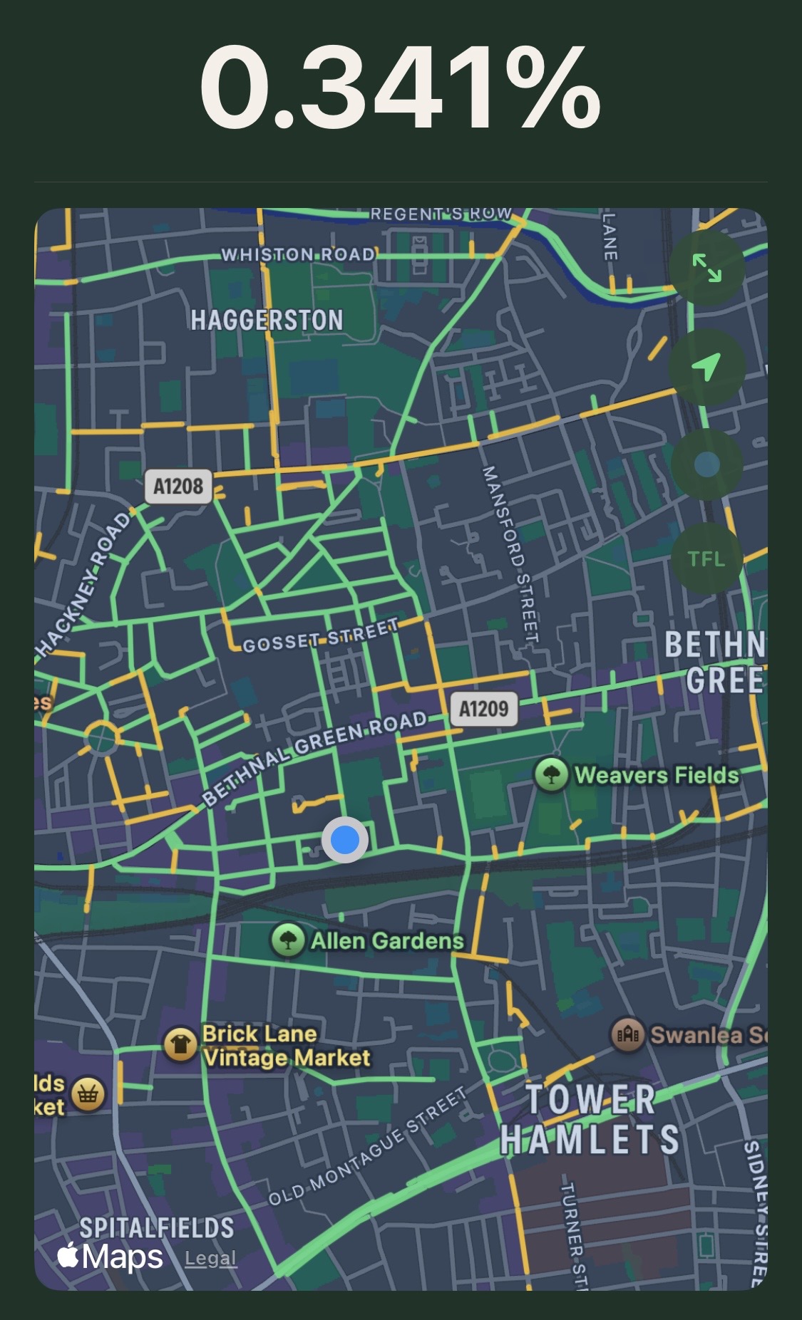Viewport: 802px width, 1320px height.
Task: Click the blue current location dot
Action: [345, 840]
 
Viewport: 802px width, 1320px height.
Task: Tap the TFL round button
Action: [706, 558]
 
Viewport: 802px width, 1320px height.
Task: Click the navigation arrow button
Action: [706, 367]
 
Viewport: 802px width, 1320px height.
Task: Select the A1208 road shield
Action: [178, 487]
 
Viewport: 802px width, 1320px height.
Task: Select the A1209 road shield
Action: [484, 709]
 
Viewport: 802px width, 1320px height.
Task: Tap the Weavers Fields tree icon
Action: [551, 774]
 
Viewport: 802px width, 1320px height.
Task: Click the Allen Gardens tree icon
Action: [288, 940]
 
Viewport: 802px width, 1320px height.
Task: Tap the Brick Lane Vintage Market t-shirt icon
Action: [180, 1045]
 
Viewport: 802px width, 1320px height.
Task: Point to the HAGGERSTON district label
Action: [267, 320]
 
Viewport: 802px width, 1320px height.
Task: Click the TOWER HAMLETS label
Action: [590, 1120]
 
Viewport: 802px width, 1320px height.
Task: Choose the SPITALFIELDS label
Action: [157, 1227]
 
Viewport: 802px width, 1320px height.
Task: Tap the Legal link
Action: [210, 1259]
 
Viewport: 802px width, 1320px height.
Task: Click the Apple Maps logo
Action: [110, 1257]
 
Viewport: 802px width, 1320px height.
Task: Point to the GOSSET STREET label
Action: [320, 636]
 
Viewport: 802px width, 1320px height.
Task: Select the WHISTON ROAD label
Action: [297, 254]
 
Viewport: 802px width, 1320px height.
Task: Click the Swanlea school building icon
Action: [627, 1034]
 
